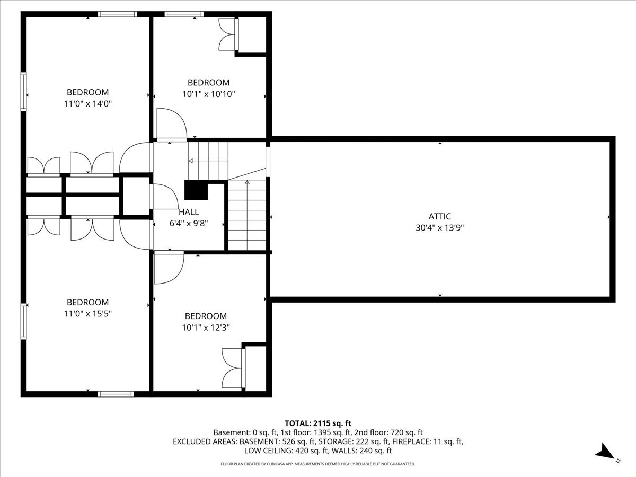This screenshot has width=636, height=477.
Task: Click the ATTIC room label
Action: pyautogui.click(x=439, y=216)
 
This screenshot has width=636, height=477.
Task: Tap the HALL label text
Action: pyautogui.click(x=189, y=212)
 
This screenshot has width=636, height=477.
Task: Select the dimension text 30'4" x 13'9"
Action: pyautogui.click(x=439, y=228)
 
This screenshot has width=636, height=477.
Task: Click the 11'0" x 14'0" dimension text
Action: pyautogui.click(x=88, y=104)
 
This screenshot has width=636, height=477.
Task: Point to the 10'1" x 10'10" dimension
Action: pyautogui.click(x=209, y=94)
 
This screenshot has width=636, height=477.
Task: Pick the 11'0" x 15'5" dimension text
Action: pyautogui.click(x=88, y=314)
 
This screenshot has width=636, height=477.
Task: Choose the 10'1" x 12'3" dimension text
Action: pyautogui.click(x=206, y=328)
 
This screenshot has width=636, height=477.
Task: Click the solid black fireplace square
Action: pyautogui.click(x=196, y=190)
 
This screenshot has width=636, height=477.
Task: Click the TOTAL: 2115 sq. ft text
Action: pyautogui.click(x=318, y=423)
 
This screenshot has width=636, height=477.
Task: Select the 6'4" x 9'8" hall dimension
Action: pyautogui.click(x=189, y=224)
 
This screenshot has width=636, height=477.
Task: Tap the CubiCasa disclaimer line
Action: pyautogui.click(x=318, y=464)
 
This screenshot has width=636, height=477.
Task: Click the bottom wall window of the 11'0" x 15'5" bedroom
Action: pyautogui.click(x=116, y=394)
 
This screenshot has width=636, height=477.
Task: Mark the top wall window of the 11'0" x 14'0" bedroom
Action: pyautogui.click(x=117, y=14)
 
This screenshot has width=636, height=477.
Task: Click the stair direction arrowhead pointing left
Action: pyautogui.click(x=191, y=161)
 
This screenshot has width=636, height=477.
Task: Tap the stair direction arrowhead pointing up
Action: pyautogui.click(x=247, y=182)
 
